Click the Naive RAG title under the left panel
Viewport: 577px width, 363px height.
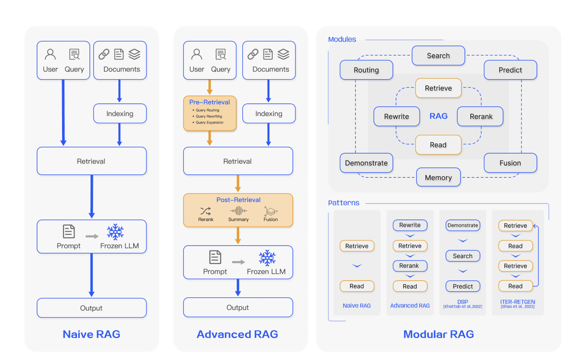tap(91, 334)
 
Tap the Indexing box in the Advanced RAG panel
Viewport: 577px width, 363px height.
tap(269, 114)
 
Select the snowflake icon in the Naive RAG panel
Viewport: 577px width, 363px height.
tap(115, 232)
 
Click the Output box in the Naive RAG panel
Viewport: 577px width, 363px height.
tap(91, 308)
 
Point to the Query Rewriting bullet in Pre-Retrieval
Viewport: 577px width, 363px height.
tap(209, 116)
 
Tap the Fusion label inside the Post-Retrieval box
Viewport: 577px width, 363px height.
tap(271, 219)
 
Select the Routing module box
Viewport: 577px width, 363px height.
tap(366, 70)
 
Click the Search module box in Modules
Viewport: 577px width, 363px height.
tap(438, 56)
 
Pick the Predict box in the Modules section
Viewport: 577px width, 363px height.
tap(510, 70)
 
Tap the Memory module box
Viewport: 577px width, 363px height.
tap(438, 177)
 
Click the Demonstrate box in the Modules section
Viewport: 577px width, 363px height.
tap(366, 163)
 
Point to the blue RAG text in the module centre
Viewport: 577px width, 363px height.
tap(438, 116)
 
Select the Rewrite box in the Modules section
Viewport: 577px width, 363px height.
tap(396, 116)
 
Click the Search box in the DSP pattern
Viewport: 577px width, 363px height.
tap(462, 256)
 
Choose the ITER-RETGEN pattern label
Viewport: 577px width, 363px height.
tap(518, 302)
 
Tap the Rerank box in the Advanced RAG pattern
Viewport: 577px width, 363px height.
tap(410, 266)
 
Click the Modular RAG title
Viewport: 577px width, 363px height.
tap(438, 334)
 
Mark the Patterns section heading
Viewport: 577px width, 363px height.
tap(344, 203)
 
